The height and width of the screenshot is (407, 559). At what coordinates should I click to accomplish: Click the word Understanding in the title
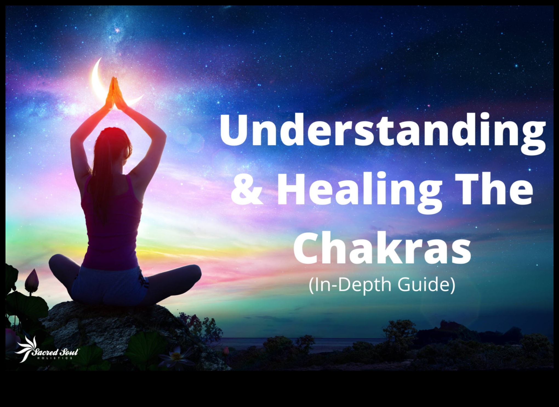(383, 133)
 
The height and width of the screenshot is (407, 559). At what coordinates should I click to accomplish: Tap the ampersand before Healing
(246, 189)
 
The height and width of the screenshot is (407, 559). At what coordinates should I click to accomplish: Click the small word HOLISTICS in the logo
(55, 358)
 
